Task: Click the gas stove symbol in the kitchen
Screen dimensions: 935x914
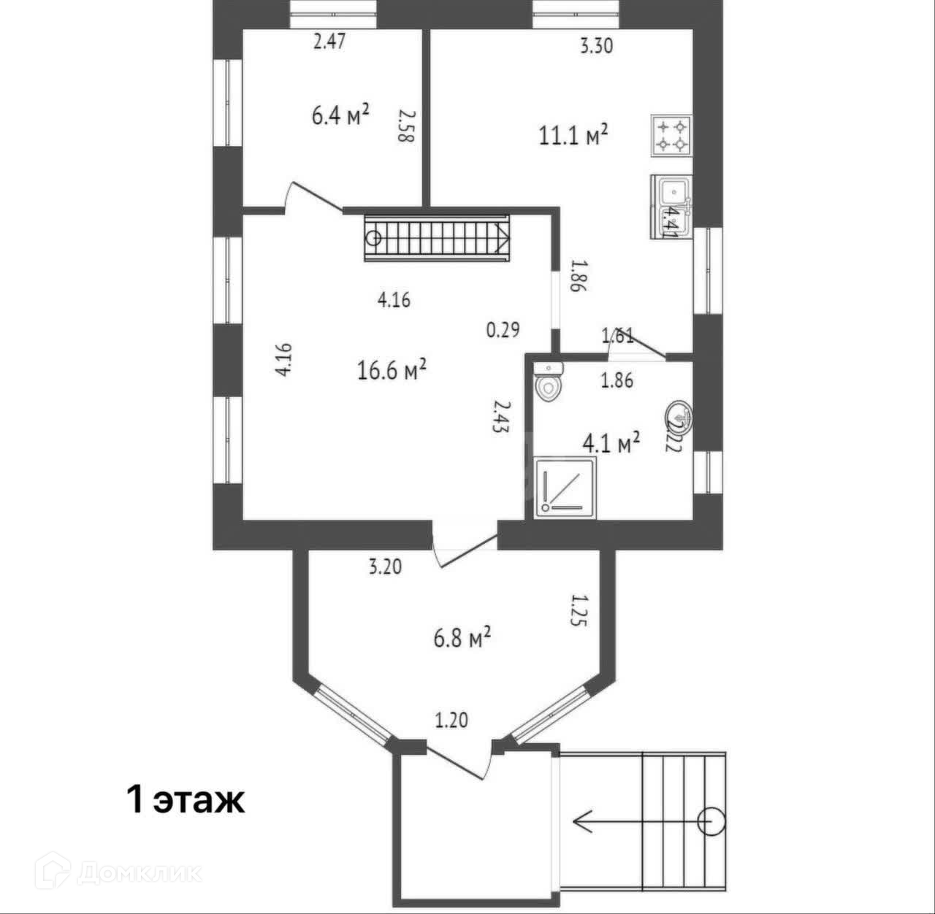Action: [671, 136]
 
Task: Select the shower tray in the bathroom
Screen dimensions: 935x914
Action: [565, 488]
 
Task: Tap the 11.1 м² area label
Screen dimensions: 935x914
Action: [573, 136]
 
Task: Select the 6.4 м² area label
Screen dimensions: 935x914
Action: [340, 115]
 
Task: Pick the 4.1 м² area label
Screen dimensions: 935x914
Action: [611, 442]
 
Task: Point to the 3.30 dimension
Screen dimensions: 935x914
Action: [596, 46]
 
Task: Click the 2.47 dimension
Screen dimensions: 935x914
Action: [329, 41]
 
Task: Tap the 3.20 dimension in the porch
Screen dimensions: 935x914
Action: [385, 567]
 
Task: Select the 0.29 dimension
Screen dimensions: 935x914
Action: [503, 330]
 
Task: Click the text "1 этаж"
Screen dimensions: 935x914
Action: [186, 800]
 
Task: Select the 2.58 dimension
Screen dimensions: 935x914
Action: [406, 126]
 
